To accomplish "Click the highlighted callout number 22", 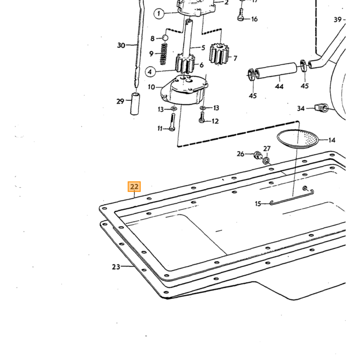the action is (x=134, y=187).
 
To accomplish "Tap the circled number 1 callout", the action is (x=159, y=13).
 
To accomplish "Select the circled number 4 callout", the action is (x=150, y=72).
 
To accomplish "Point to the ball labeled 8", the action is (x=165, y=38).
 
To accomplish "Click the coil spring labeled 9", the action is (x=164, y=54).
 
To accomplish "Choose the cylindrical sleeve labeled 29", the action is (x=135, y=104).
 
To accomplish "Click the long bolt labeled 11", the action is (x=172, y=122).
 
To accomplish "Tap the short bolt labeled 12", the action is (x=202, y=117).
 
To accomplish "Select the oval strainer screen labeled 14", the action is (x=298, y=139).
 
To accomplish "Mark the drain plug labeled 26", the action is (x=258, y=155).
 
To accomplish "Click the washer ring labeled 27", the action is (x=266, y=160).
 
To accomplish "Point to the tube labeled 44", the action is (x=276, y=71).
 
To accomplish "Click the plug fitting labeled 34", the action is (x=321, y=107).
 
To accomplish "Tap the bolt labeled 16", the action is (x=240, y=14).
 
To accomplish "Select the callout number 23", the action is (x=116, y=267).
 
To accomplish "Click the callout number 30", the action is (x=121, y=45).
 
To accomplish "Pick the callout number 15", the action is (x=258, y=204).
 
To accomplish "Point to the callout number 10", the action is (x=152, y=87).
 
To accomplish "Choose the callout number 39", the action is (x=338, y=20).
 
